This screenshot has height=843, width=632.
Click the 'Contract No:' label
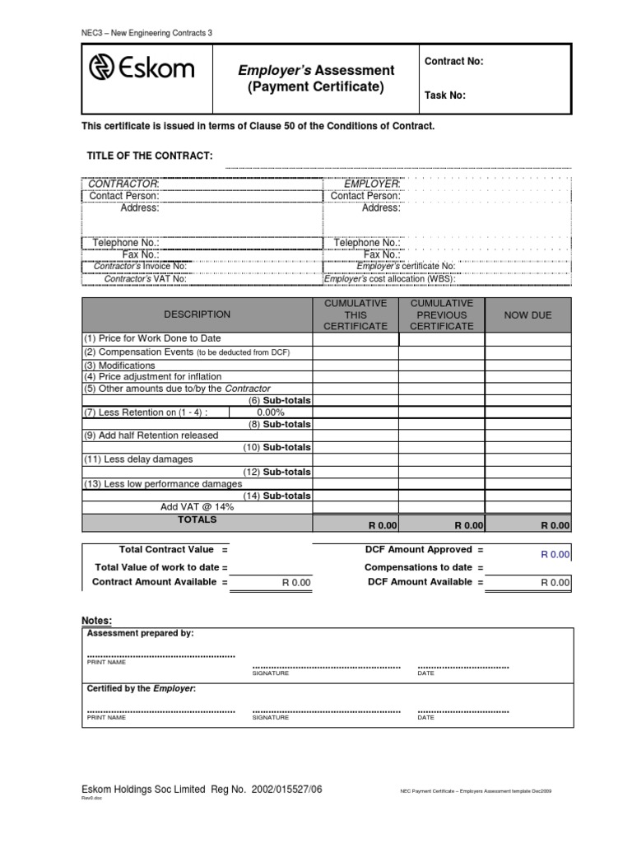453,62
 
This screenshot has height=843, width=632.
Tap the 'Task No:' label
444,95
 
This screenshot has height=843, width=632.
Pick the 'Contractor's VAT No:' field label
145,279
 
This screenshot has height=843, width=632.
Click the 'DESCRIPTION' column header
197,314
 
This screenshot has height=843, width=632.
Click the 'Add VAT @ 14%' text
197,507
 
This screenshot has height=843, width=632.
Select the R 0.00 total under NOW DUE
554,525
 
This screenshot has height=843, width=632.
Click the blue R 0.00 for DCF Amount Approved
555,555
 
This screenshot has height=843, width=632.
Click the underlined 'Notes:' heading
96,620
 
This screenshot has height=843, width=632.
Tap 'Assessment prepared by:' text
141,634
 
